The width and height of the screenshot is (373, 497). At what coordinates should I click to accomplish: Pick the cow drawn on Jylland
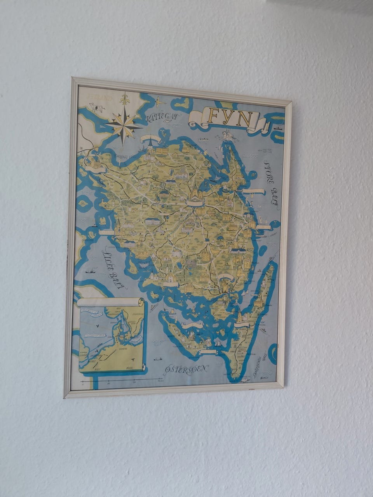[x=95, y=107]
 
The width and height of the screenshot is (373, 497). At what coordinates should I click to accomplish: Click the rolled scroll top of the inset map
[x=111, y=302]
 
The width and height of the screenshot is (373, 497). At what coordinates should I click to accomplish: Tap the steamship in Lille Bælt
[x=92, y=271]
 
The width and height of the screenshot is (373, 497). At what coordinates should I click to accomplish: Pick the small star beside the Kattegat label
[x=159, y=103]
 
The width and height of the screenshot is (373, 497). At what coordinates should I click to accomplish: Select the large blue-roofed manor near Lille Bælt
[x=152, y=221]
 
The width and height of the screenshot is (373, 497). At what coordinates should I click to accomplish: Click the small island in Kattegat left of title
[x=182, y=103]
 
